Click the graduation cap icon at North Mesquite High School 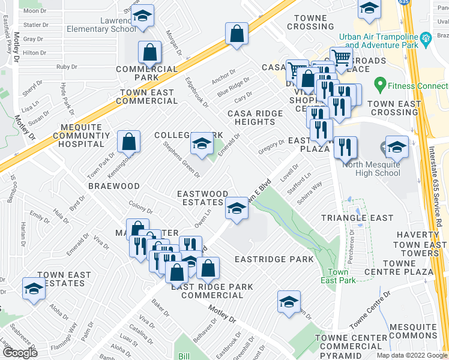click(397, 147)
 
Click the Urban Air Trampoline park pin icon click(427, 40)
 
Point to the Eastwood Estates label click(202, 199)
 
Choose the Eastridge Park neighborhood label click(274, 259)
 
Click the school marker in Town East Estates click(34, 289)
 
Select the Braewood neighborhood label click(114, 187)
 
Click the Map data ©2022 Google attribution click(411, 355)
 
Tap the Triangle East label click(357, 218)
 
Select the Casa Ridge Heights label click(251, 118)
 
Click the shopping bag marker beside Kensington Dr click(128, 142)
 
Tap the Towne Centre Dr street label click(370, 310)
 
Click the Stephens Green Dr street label click(182, 159)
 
